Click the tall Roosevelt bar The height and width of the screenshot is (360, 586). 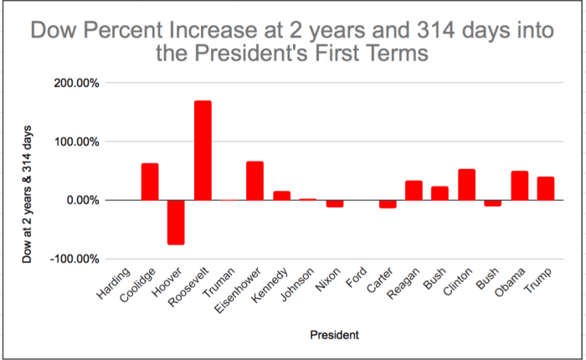click(x=203, y=151)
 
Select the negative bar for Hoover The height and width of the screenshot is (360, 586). click(x=176, y=222)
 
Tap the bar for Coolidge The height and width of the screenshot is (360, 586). click(x=150, y=182)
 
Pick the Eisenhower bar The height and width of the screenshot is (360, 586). click(x=255, y=181)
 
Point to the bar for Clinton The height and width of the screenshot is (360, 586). click(x=466, y=185)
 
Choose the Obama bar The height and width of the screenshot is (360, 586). click(x=519, y=186)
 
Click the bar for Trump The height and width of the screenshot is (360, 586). click(x=546, y=188)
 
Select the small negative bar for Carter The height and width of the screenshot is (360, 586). click(x=388, y=203)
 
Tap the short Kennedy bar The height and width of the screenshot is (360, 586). click(x=281, y=196)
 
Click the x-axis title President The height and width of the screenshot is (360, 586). click(x=334, y=336)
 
